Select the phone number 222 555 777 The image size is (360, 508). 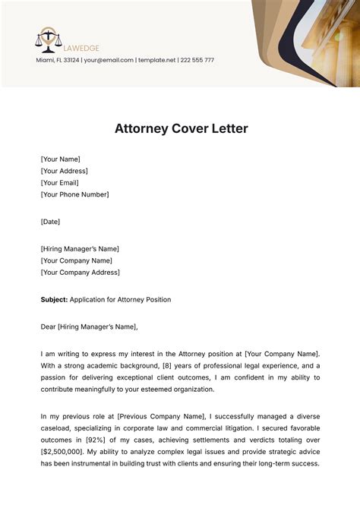tap(197, 60)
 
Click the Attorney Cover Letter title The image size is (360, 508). tap(181, 128)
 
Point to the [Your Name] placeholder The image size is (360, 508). tap(60, 159)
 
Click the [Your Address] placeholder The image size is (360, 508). tap(65, 171)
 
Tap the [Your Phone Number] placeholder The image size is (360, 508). tap(74, 194)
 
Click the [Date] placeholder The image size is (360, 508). tap(50, 222)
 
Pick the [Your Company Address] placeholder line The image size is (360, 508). tap(80, 272)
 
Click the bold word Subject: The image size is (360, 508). tap(54, 299)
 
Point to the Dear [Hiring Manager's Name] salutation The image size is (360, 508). tap(90, 327)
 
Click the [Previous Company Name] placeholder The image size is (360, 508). tap(159, 416)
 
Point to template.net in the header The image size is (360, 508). tap(156, 60)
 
